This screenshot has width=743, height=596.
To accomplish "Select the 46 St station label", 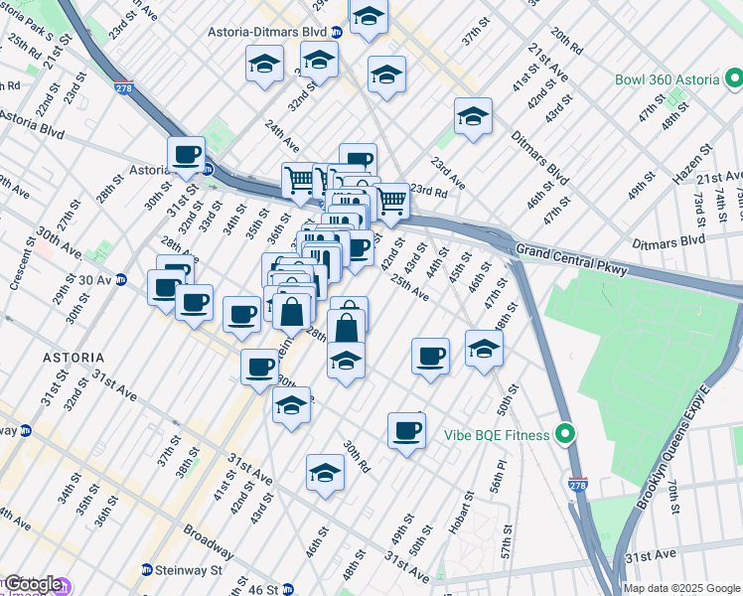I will click(263, 589).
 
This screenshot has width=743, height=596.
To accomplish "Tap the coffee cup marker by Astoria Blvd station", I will click(186, 155).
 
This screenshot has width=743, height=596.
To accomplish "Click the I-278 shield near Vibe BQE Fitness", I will click(578, 484).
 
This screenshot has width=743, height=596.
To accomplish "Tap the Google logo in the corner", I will click(32, 585).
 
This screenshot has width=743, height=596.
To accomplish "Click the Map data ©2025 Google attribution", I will click(681, 588).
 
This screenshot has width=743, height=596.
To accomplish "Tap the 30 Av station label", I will click(91, 280).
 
